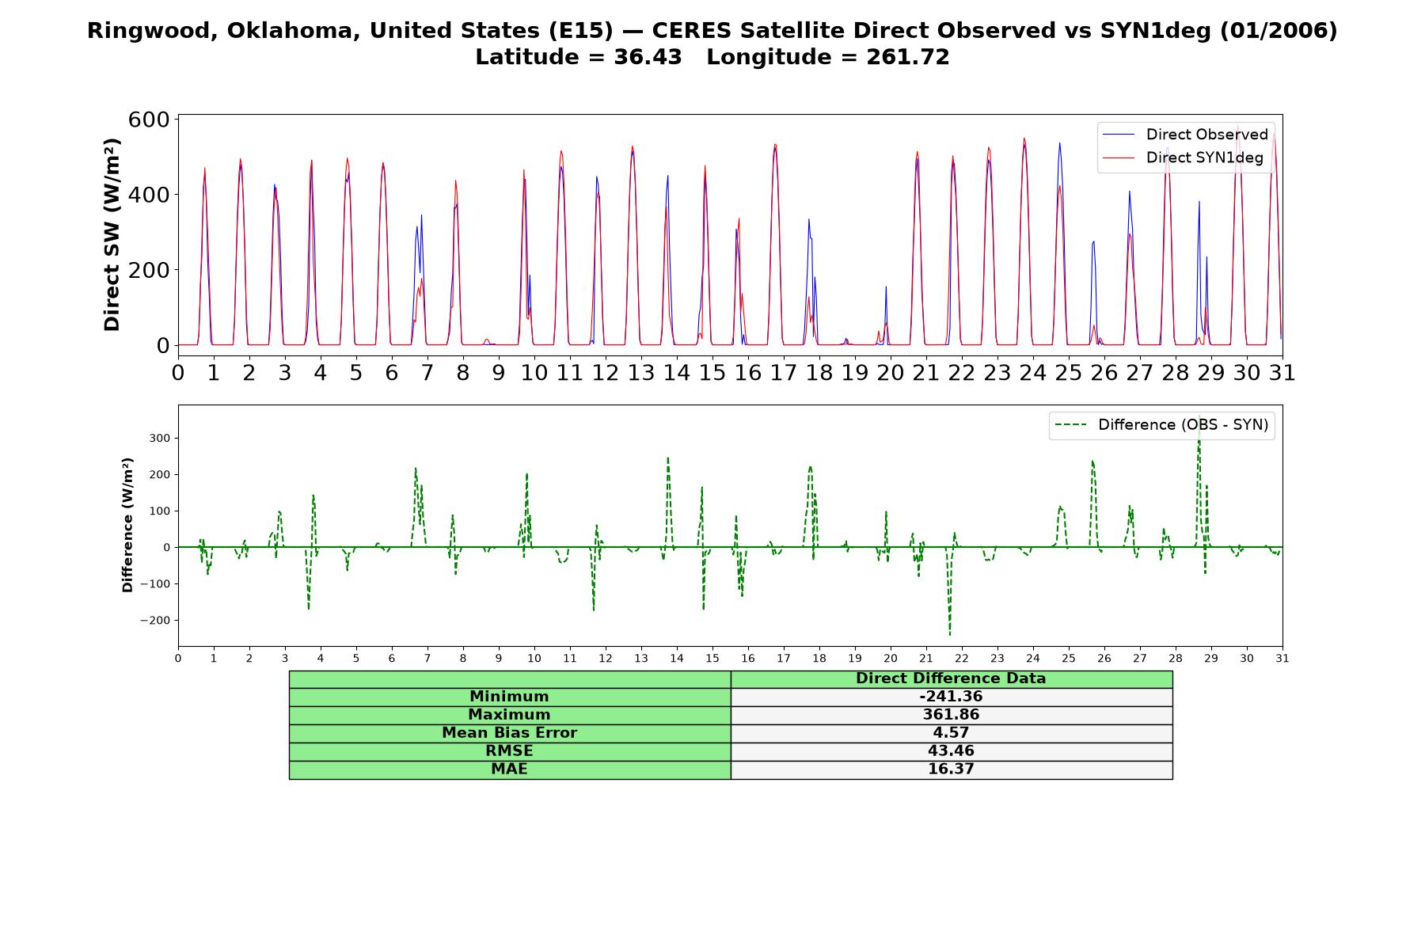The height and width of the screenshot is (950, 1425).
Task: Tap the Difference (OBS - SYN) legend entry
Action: (x=1161, y=425)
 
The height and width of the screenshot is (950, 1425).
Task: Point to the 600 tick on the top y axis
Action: (x=149, y=120)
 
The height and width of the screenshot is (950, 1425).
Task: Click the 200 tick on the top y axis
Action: (x=149, y=270)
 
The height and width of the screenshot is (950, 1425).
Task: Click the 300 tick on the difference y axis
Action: (x=161, y=439)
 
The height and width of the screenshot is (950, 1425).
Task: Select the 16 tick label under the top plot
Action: (x=748, y=372)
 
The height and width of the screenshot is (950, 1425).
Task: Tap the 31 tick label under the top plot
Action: (x=1282, y=372)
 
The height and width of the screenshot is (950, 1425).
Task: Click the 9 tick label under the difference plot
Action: (x=499, y=658)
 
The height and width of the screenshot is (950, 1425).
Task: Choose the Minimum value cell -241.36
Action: (x=951, y=697)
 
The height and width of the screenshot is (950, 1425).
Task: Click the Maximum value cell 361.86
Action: (x=951, y=715)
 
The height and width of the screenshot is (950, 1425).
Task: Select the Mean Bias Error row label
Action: (x=509, y=733)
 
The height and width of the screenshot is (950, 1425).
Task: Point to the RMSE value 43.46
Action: (x=951, y=751)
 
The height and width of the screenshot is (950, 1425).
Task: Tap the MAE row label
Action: (x=509, y=769)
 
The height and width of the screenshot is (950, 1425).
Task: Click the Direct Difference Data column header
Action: (x=951, y=678)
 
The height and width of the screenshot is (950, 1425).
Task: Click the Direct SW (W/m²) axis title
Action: (x=112, y=234)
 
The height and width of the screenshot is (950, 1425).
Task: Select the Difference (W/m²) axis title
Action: (x=127, y=525)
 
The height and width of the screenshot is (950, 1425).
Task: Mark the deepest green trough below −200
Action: (x=949, y=635)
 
